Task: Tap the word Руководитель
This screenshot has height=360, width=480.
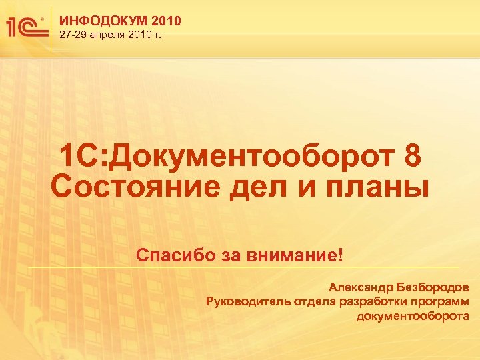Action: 247,302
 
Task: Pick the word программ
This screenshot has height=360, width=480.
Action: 440,302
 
